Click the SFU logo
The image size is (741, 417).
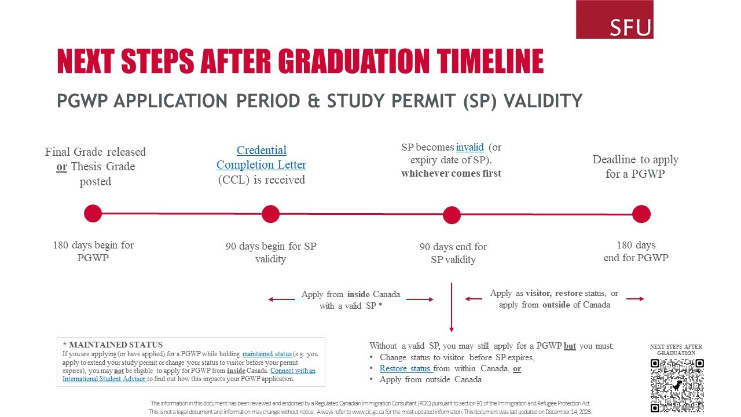[614, 20]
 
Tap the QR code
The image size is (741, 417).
[677, 385]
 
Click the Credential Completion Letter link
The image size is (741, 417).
[261, 158]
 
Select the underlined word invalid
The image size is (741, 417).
[469, 147]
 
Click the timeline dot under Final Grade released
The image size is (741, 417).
[93, 213]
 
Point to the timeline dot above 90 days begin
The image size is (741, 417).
[270, 214]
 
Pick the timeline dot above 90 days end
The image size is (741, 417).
[452, 215]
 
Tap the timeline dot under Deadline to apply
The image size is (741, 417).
[641, 214]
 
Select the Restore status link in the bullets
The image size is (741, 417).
[405, 368]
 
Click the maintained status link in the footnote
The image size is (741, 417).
[267, 354]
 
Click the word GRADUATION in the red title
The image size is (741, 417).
[354, 61]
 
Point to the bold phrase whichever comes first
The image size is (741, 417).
[451, 173]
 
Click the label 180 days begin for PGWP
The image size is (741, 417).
[93, 251]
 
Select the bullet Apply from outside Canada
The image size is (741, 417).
[430, 379]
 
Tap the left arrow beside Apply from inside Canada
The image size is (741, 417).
[282, 299]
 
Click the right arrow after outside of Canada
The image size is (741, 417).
[635, 299]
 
